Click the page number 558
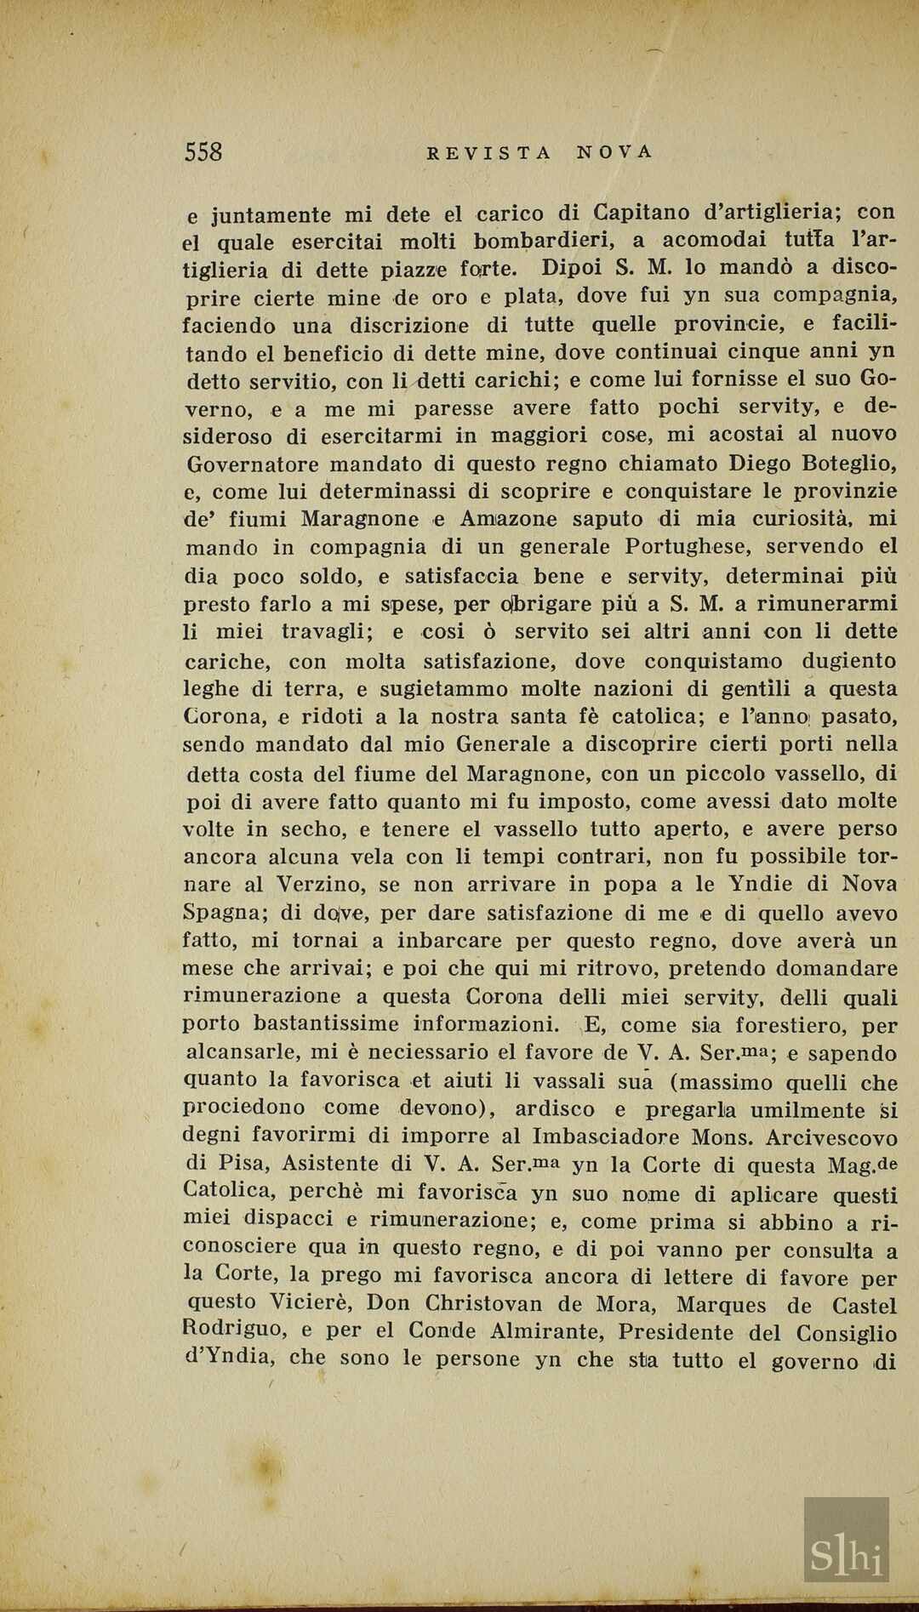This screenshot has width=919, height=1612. point(203,152)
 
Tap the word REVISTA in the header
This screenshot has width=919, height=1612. point(488,153)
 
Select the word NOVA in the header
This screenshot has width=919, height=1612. point(614,152)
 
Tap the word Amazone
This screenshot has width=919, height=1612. point(508,519)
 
